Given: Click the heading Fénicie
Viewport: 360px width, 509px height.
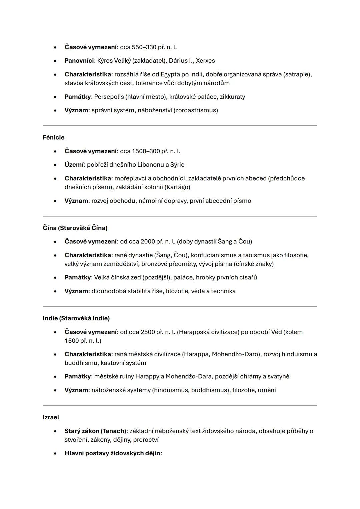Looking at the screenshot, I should [x=53, y=137].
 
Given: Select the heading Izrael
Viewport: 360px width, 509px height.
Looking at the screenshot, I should [x=51, y=417].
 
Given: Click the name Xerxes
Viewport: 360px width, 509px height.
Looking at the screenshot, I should [x=205, y=61].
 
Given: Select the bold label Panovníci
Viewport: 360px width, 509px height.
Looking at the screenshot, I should [x=79, y=61].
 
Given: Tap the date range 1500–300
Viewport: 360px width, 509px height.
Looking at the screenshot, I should [x=146, y=151].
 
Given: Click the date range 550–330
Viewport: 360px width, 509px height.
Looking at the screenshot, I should [x=144, y=47].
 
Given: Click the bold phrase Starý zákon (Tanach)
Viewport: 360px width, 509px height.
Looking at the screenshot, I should [x=95, y=431].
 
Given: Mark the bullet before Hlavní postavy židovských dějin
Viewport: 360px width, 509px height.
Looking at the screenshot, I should [x=55, y=453].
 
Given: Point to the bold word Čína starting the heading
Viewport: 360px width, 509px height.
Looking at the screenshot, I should [x=49, y=228].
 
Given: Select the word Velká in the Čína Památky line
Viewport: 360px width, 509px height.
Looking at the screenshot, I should [x=102, y=277].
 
